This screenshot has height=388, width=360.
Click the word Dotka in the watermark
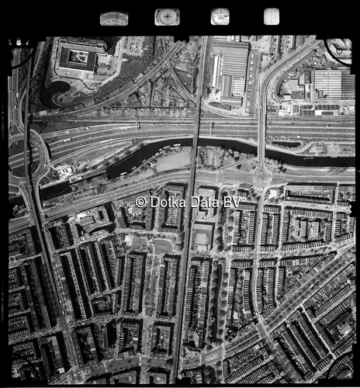click(166, 202)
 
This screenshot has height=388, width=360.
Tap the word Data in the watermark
click(200, 202)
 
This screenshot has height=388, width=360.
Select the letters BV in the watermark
click(231, 202)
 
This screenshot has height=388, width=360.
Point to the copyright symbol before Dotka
click(141, 202)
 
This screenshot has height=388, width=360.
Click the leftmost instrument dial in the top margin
click(114, 18)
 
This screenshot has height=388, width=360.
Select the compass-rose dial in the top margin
click(166, 17)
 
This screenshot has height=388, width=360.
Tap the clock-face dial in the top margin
click(220, 16)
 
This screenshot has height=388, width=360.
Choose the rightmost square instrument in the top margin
click(271, 16)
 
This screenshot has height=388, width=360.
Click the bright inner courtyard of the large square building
click(78, 58)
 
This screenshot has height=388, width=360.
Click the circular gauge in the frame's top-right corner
click(339, 48)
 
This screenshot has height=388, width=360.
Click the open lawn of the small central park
click(162, 247)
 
